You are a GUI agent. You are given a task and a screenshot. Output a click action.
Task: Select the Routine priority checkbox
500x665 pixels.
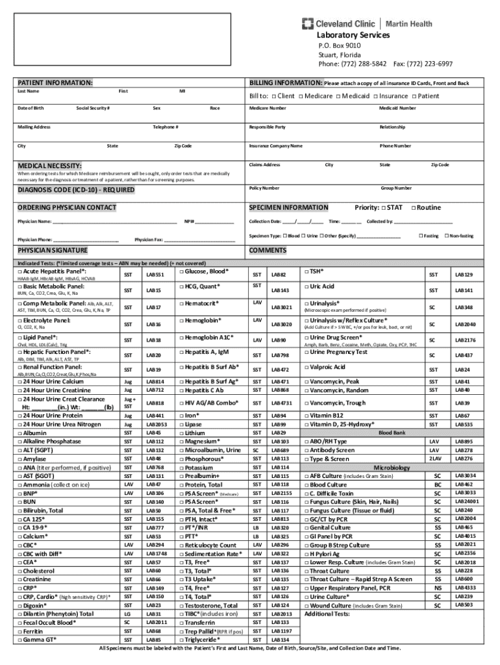[414, 208]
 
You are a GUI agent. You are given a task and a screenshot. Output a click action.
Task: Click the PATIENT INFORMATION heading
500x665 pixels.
[55, 84]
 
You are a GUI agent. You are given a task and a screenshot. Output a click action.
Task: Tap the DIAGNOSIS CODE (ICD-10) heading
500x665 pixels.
[76, 190]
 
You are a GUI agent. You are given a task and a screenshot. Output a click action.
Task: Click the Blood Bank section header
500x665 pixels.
[392, 432]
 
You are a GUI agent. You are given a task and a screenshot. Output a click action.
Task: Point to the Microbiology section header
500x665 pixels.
[391, 468]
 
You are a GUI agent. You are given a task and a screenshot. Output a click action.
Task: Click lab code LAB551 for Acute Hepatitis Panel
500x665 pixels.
[155, 275]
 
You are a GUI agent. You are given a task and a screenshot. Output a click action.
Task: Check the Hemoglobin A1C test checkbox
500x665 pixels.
[180, 338]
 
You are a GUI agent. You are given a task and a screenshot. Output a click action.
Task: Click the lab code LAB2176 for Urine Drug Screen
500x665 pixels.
[464, 340]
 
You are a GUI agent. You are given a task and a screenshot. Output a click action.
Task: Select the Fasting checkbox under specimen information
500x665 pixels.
[421, 236]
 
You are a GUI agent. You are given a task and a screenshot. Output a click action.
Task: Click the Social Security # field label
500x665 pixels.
[92, 108]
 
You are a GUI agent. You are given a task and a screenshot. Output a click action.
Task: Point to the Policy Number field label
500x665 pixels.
[264, 188]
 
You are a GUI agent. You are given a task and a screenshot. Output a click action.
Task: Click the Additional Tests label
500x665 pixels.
[327, 614]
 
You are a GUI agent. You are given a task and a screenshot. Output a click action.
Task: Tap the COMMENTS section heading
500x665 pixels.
[268, 251]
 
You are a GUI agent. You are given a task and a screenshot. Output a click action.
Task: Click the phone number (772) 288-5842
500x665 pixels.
[363, 64]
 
